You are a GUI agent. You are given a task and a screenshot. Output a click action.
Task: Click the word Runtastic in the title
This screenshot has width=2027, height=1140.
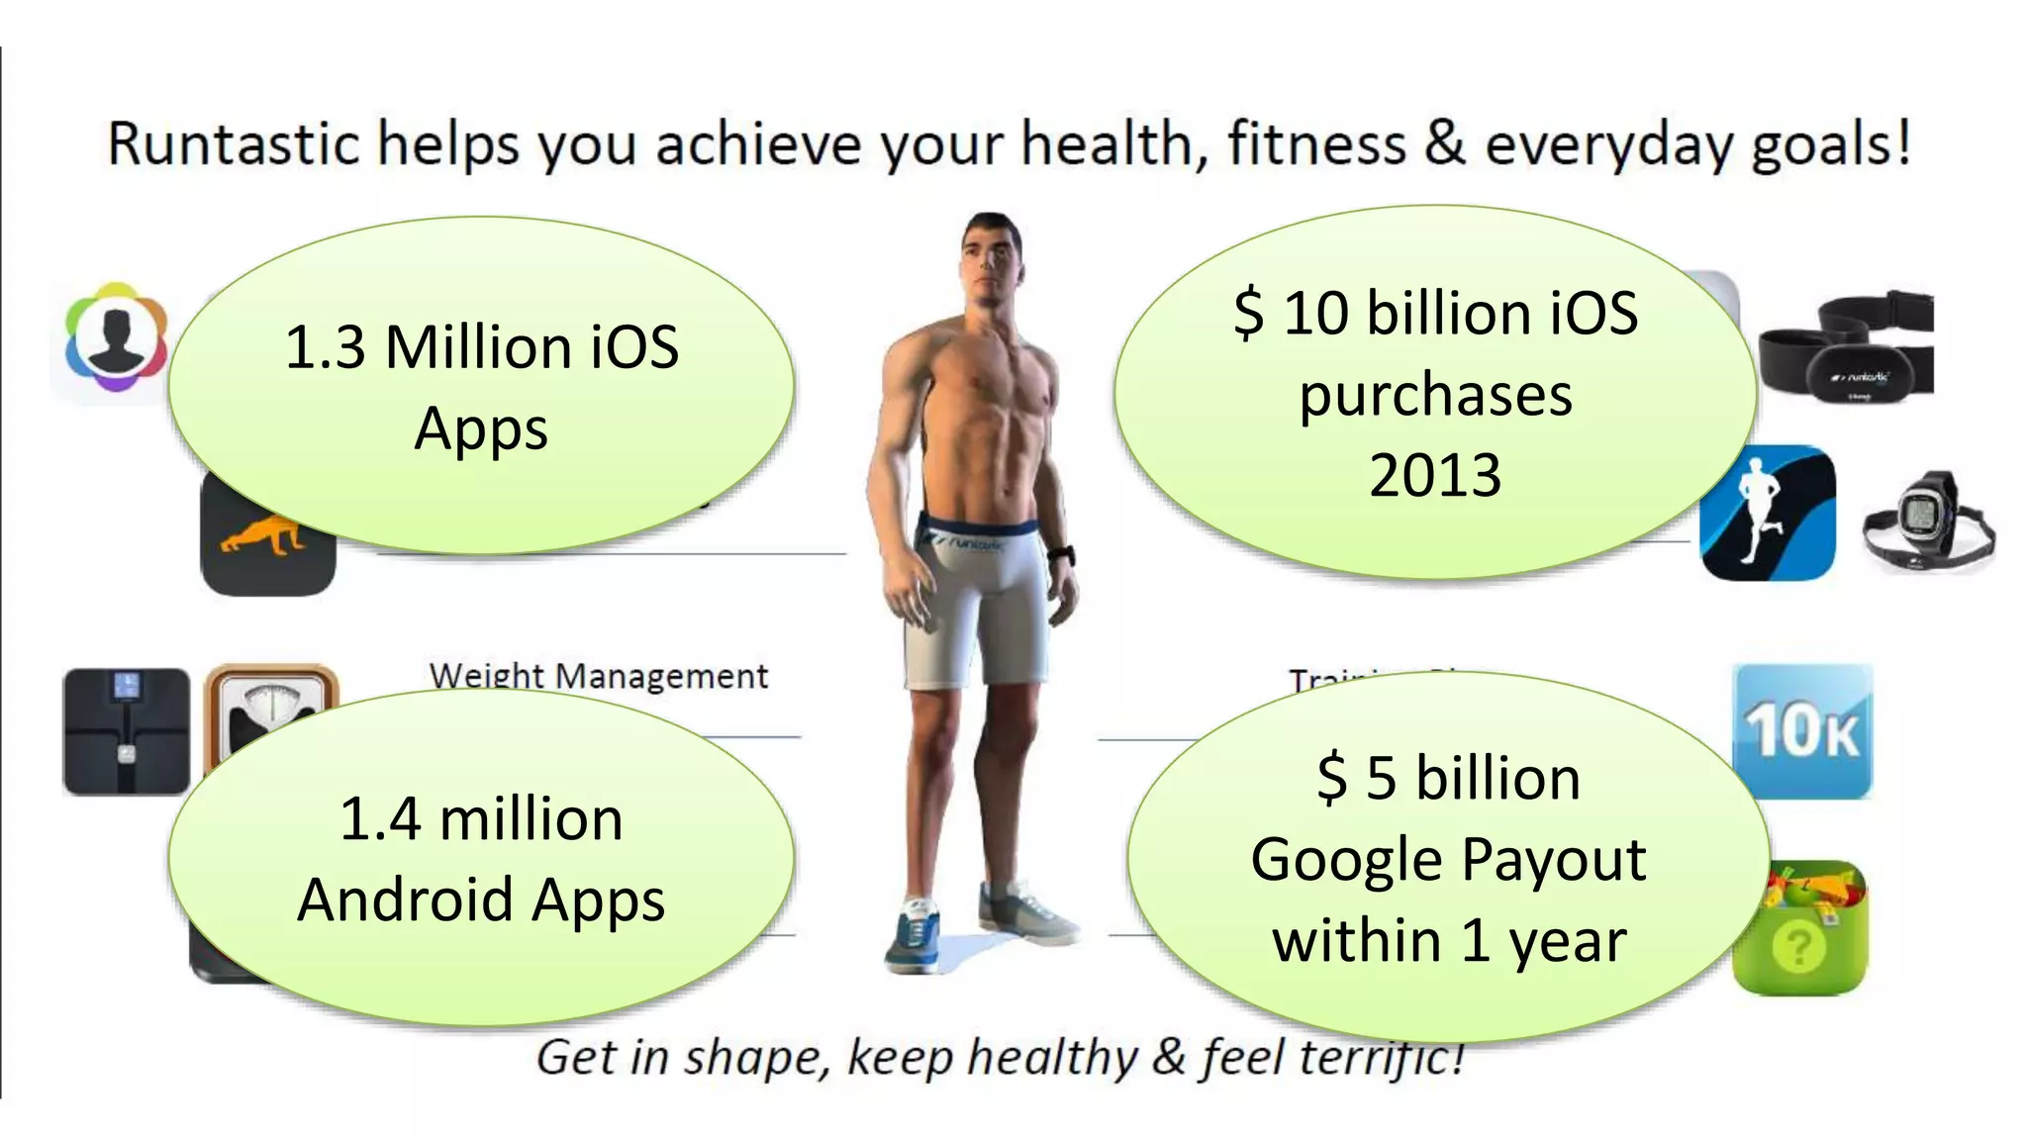click(x=233, y=144)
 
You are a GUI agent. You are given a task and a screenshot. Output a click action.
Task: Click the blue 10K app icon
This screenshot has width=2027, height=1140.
click(x=1802, y=731)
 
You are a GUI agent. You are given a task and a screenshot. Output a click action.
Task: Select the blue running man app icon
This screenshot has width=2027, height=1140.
click(x=1768, y=514)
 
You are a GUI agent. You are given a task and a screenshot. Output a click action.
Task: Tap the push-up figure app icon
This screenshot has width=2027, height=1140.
click(x=265, y=559)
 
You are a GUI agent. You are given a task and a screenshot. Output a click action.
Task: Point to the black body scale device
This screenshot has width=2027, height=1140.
click(x=126, y=731)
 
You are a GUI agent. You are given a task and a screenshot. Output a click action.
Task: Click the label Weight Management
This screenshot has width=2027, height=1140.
click(x=598, y=676)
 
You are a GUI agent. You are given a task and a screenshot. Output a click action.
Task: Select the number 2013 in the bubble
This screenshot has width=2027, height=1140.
click(x=1435, y=475)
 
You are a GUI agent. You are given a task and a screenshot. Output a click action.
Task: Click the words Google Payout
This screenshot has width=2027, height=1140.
click(x=1448, y=859)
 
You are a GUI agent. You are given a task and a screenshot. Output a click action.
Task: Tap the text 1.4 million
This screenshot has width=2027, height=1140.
click(x=481, y=819)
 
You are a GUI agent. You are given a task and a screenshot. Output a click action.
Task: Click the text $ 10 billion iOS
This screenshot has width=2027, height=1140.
click(x=1435, y=313)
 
